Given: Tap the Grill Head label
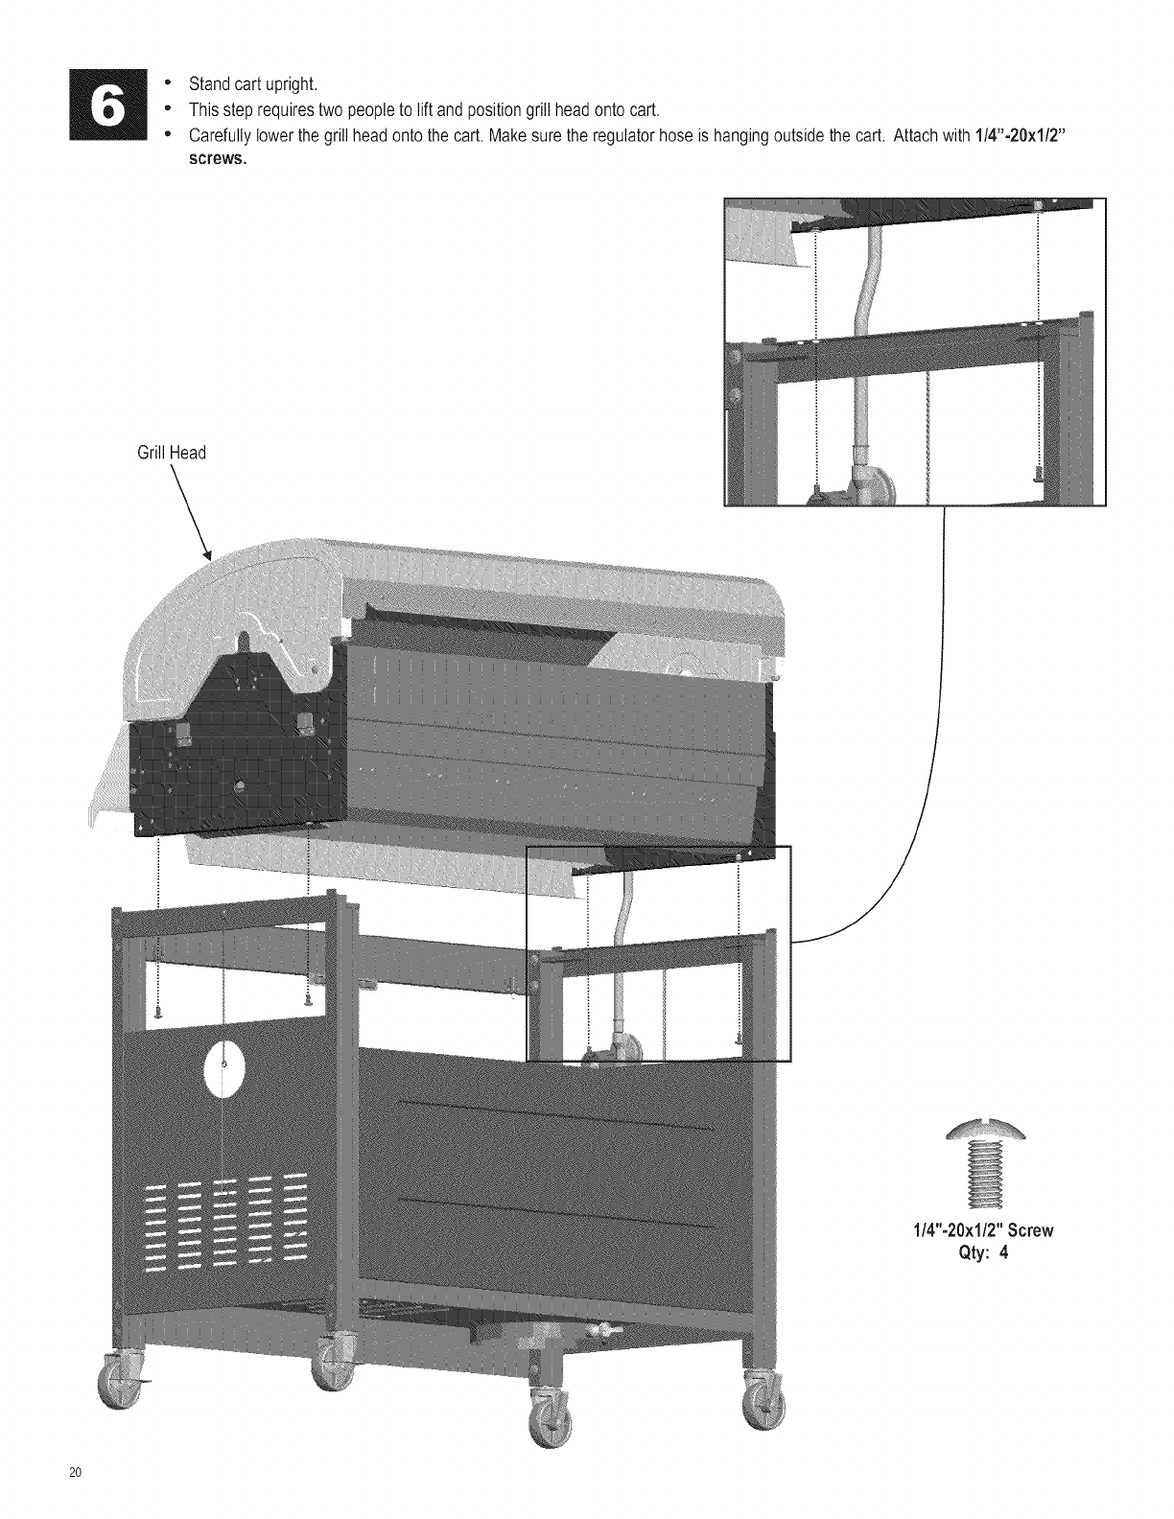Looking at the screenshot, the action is point(172,453).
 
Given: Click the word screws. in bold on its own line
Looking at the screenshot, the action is point(218,160).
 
